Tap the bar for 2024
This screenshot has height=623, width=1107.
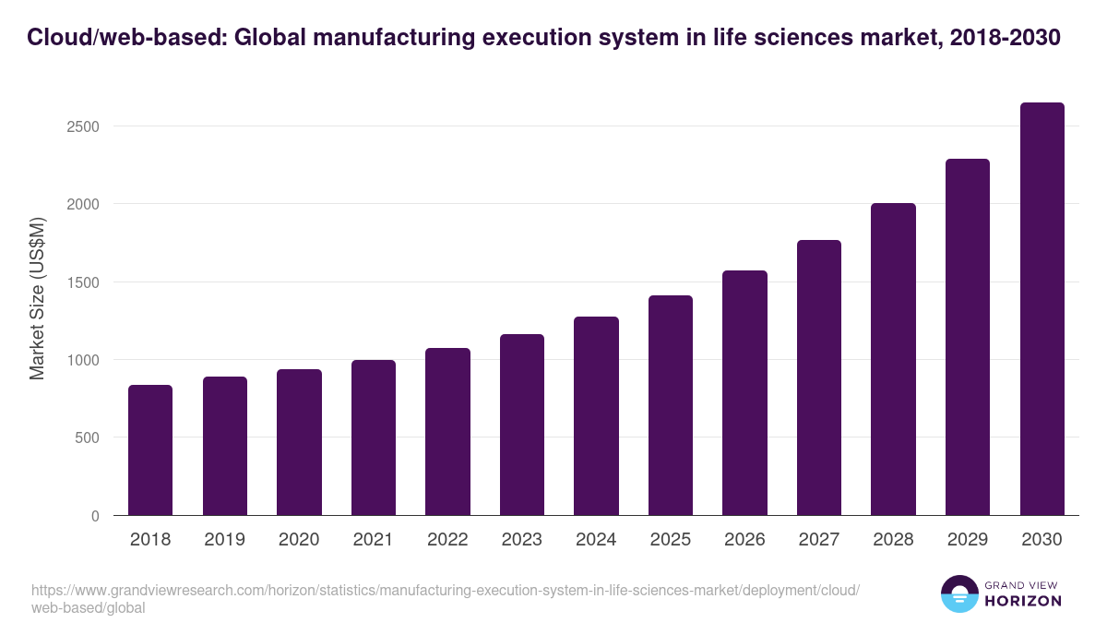[x=596, y=416]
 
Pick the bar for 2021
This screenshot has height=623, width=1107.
[x=374, y=437]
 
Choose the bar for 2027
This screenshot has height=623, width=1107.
[x=819, y=377]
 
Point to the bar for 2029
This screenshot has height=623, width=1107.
[x=968, y=337]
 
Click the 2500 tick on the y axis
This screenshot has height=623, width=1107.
[x=82, y=126]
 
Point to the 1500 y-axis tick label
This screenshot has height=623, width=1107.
[x=82, y=282]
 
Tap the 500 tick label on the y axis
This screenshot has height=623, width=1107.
[x=87, y=438]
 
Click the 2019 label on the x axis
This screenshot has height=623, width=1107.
[x=224, y=540]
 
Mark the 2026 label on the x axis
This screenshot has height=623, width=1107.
[x=744, y=540]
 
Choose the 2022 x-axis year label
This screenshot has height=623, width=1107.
[x=447, y=540]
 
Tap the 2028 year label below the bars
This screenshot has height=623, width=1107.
[x=893, y=540]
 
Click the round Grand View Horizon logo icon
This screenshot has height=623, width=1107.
[x=958, y=593]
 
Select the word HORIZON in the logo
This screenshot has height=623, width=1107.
[x=1023, y=601]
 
